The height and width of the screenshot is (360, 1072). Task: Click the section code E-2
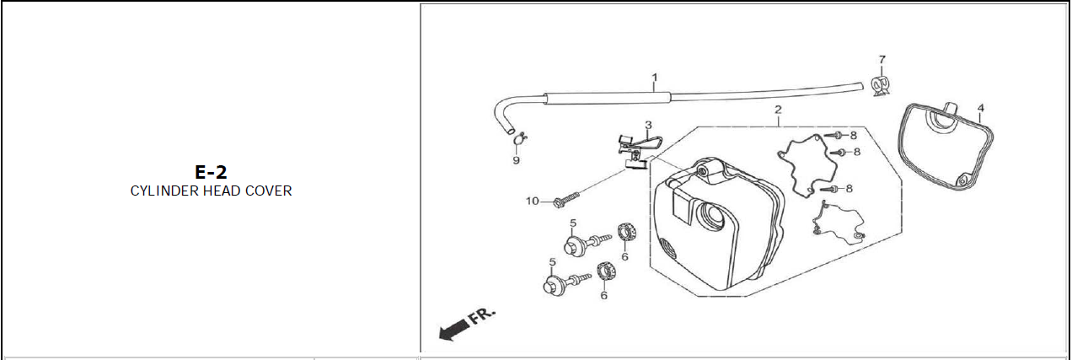click(x=211, y=172)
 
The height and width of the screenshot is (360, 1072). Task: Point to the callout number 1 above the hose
click(x=654, y=77)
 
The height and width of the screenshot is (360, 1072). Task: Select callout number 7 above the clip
click(x=882, y=59)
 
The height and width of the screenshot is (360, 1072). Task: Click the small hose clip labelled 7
click(x=880, y=85)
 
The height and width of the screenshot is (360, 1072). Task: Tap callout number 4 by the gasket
click(x=981, y=108)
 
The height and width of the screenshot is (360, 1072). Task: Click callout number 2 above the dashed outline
click(x=778, y=110)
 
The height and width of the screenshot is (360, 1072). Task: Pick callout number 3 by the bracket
click(x=648, y=125)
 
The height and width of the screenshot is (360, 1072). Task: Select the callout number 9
click(x=516, y=160)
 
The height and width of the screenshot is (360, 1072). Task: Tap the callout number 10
click(x=532, y=201)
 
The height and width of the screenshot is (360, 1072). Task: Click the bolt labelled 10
click(x=566, y=200)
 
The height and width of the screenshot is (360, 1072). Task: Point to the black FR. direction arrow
click(x=454, y=330)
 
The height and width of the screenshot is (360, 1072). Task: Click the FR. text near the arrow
click(x=481, y=315)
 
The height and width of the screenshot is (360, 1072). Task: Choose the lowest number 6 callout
click(x=603, y=295)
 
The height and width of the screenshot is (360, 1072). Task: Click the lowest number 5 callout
click(x=552, y=262)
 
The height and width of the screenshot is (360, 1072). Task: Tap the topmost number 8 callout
click(x=853, y=136)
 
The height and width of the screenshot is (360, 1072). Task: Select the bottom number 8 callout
click(x=849, y=189)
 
